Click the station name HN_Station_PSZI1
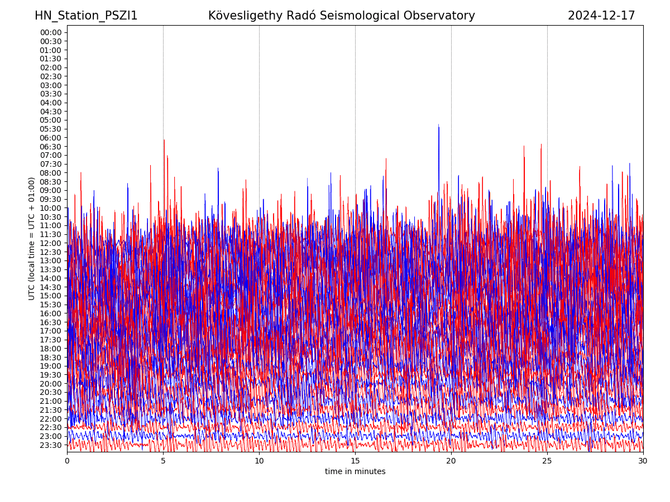tap(86, 16)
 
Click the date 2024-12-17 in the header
tap(601, 16)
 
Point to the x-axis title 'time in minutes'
tap(355, 471)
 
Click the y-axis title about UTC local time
tap(32, 238)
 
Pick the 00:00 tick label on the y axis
tap(51, 32)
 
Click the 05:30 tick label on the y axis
tap(51, 129)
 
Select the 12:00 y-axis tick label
tap(51, 243)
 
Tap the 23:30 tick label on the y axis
tap(51, 445)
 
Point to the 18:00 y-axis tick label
tap(51, 349)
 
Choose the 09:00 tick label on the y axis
tap(51, 190)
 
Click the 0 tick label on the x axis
tap(67, 461)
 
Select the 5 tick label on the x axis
tap(163, 461)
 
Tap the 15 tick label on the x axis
tap(355, 461)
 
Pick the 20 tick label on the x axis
tap(451, 461)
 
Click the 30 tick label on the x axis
tap(643, 461)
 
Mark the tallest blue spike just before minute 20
tap(439, 126)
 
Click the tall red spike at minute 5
tap(164, 141)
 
